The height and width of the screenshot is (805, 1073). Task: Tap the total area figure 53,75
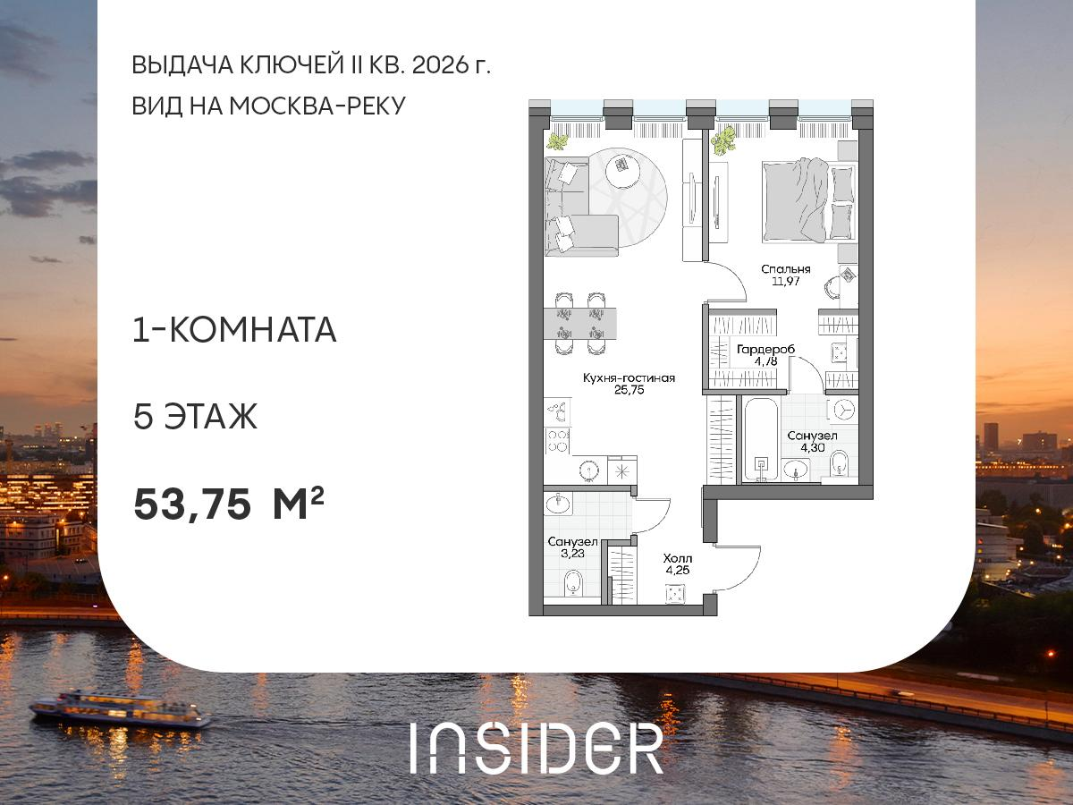coord(191,505)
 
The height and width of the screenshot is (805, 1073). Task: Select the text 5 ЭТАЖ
coord(195,417)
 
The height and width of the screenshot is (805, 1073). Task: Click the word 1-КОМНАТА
coord(234,331)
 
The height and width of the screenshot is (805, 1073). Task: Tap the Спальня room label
coord(786,268)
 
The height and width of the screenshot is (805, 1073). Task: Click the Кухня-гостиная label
coord(629,378)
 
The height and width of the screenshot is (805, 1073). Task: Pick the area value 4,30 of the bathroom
coord(812,449)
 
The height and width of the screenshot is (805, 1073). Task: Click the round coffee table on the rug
coord(623,170)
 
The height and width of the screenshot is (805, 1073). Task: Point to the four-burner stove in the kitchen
coord(559,441)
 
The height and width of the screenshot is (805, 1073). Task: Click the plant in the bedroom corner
coord(724,140)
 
